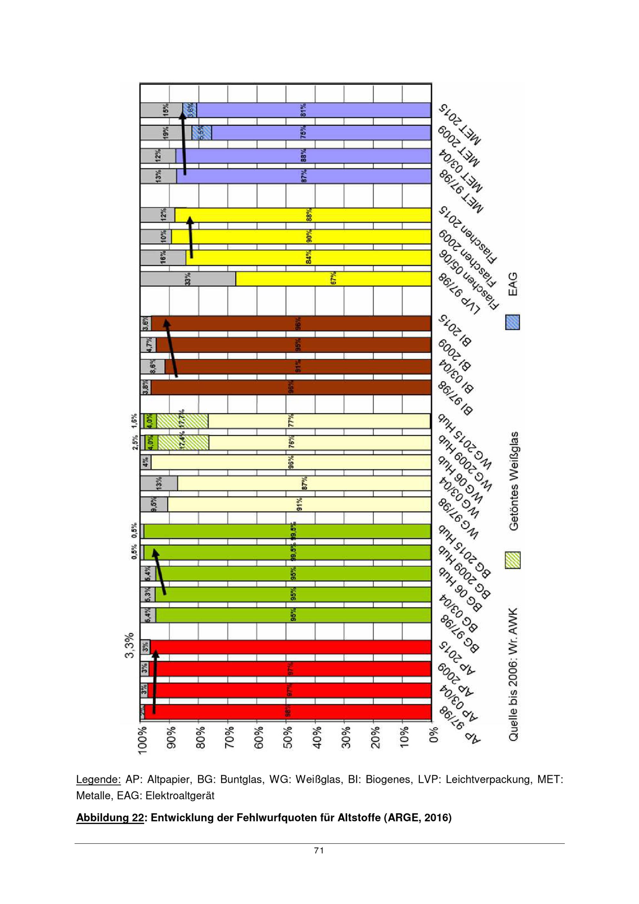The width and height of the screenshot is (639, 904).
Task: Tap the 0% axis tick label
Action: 433,737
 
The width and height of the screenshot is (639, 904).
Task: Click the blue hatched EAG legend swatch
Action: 512,322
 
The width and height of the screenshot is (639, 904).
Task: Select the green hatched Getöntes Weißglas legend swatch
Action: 512,560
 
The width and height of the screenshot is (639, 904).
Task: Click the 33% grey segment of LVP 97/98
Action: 188,279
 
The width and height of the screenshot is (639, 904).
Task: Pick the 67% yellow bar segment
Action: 333,279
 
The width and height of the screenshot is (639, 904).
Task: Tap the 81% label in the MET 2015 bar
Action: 303,110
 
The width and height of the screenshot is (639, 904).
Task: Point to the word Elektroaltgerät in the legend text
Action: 180,796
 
